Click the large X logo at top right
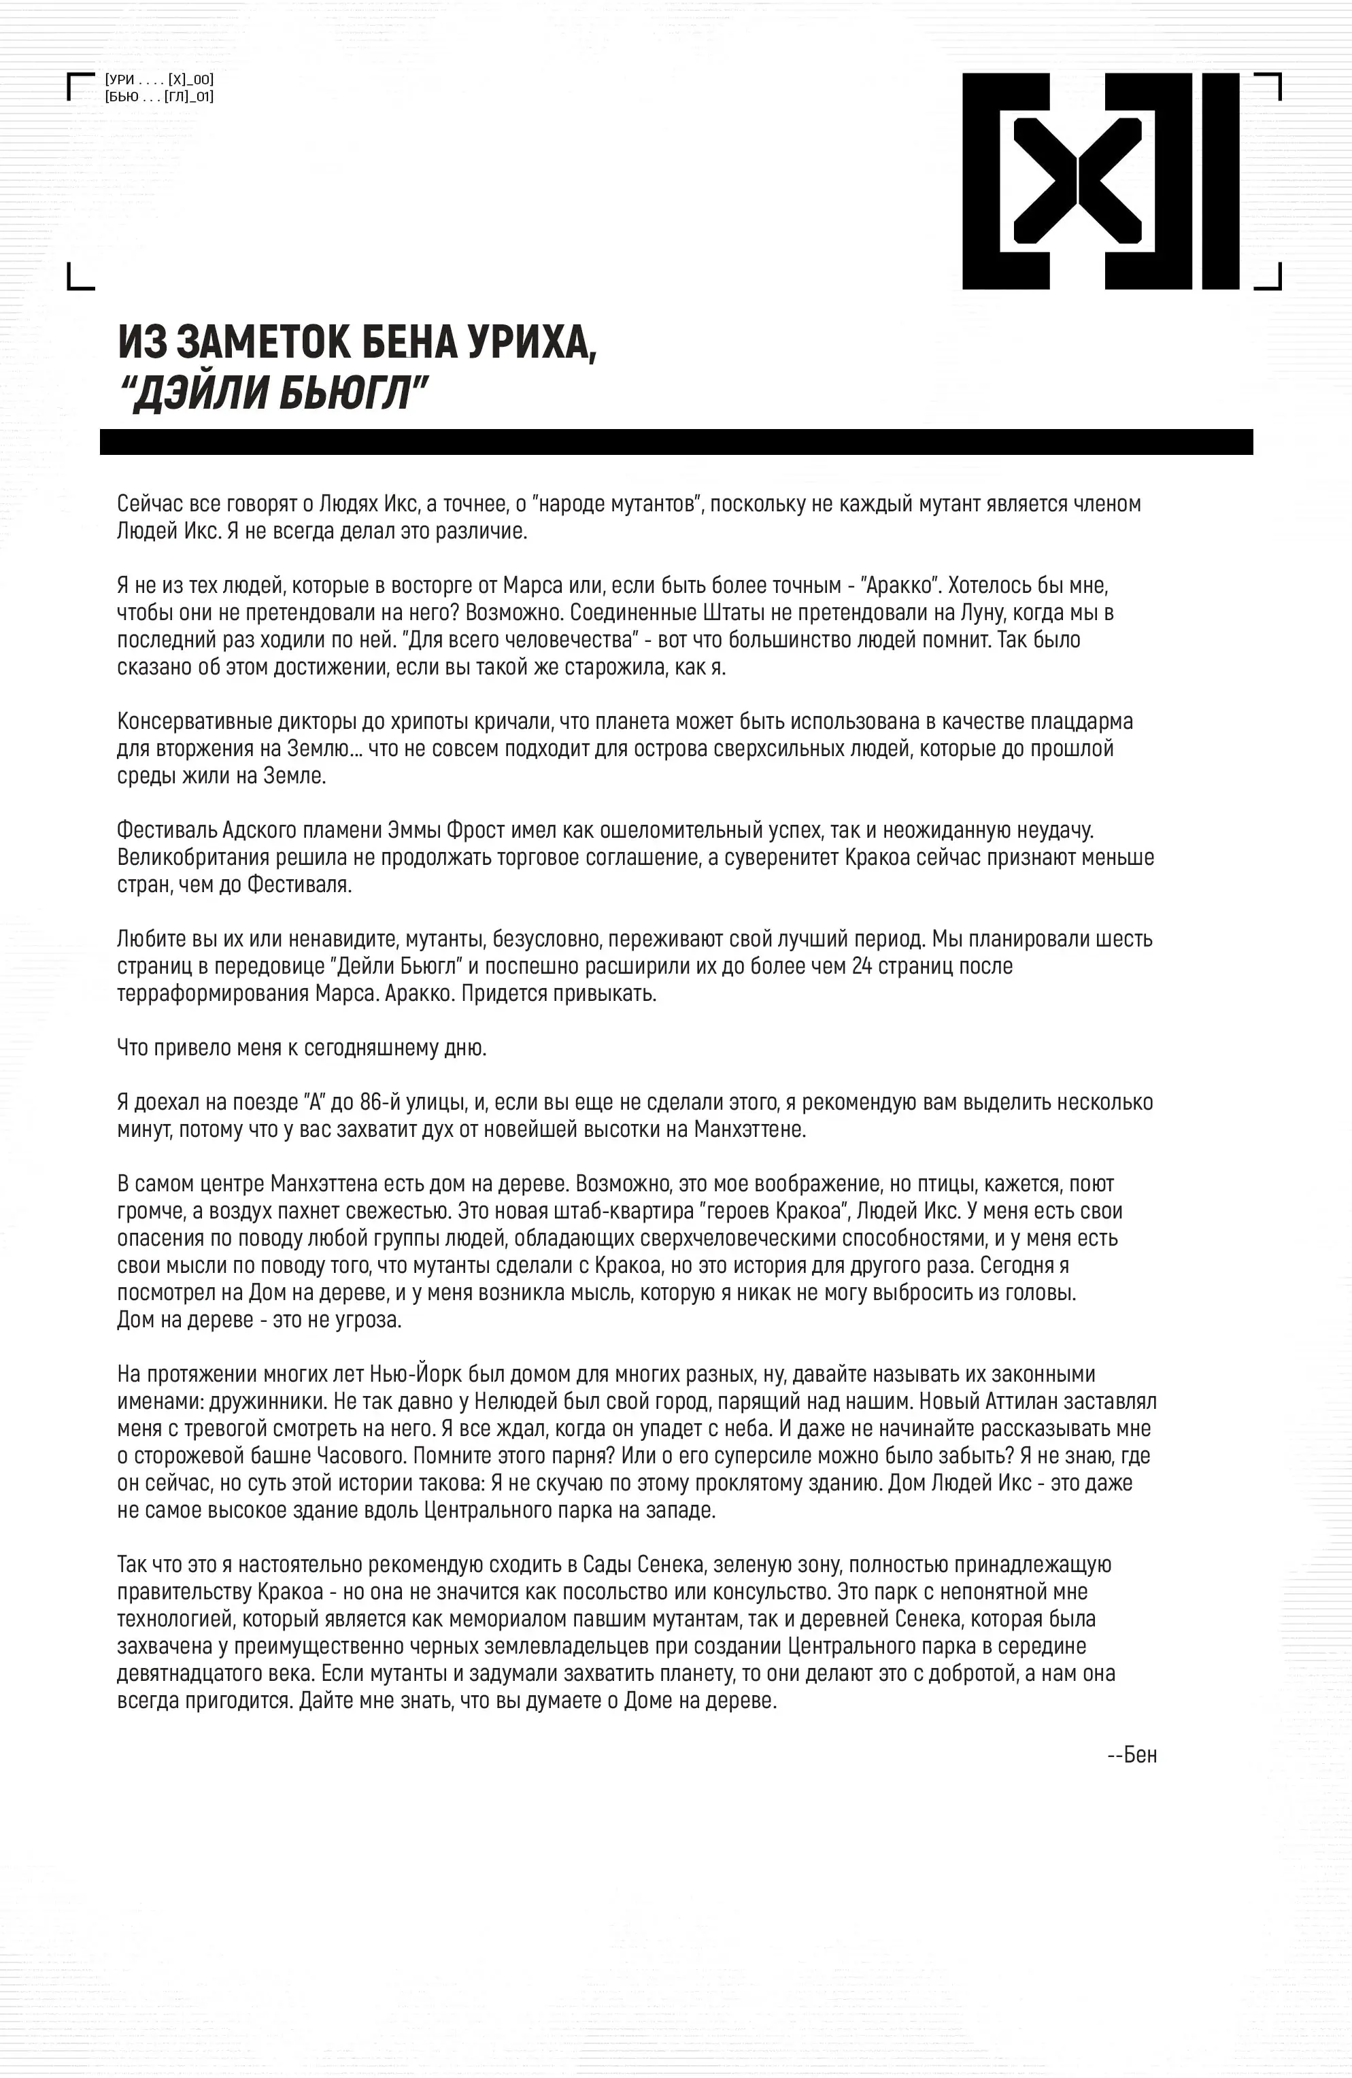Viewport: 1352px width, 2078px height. click(1100, 181)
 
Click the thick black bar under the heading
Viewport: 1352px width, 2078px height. click(676, 442)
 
